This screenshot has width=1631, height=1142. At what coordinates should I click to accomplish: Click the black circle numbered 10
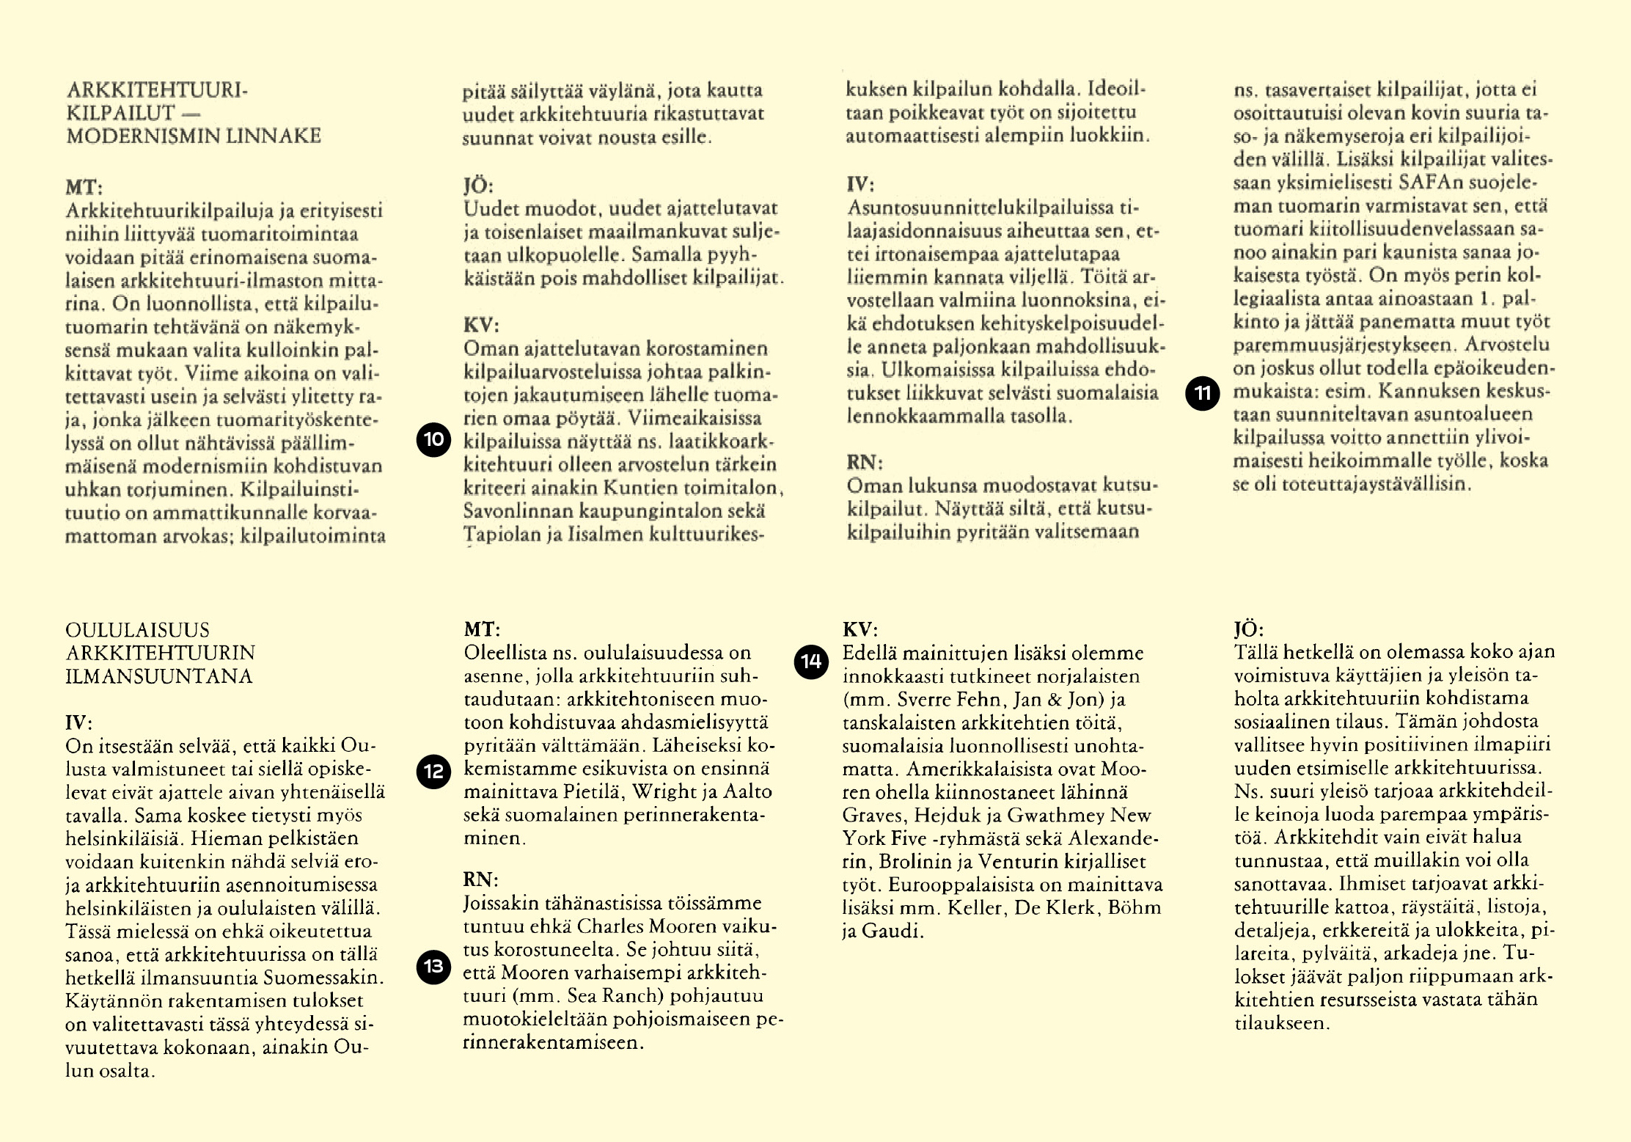pos(433,440)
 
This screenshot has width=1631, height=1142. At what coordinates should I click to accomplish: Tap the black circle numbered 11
pos(1203,393)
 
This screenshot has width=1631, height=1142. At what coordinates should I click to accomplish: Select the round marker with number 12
pos(433,772)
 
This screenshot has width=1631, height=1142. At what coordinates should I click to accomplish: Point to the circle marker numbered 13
pos(433,967)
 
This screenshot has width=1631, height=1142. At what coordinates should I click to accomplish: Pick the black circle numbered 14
pos(811,662)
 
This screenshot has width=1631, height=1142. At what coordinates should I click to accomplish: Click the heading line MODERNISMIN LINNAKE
pos(194,136)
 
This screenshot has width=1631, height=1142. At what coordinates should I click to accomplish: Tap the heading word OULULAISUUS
pos(137,630)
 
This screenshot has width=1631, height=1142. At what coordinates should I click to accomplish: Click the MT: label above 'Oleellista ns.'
pos(482,629)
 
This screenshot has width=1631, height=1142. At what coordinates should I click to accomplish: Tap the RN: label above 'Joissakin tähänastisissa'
pos(480,879)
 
